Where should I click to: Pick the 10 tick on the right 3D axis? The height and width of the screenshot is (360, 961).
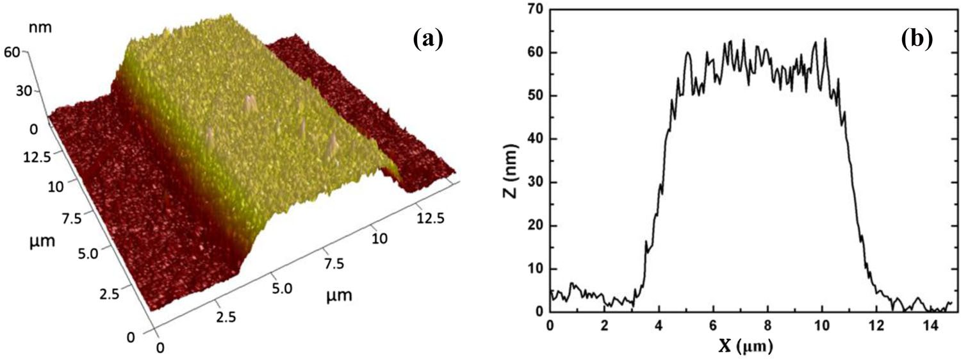click(379, 239)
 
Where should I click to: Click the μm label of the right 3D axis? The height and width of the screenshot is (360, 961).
click(338, 295)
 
